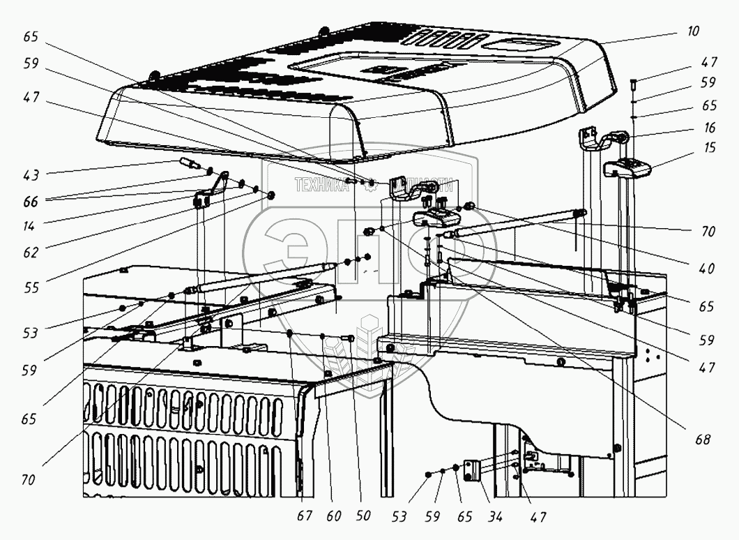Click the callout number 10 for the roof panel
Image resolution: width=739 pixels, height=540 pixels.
(692, 32)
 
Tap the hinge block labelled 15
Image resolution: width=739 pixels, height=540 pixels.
(626, 167)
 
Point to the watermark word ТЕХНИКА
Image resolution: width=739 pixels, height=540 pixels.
(321, 186)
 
